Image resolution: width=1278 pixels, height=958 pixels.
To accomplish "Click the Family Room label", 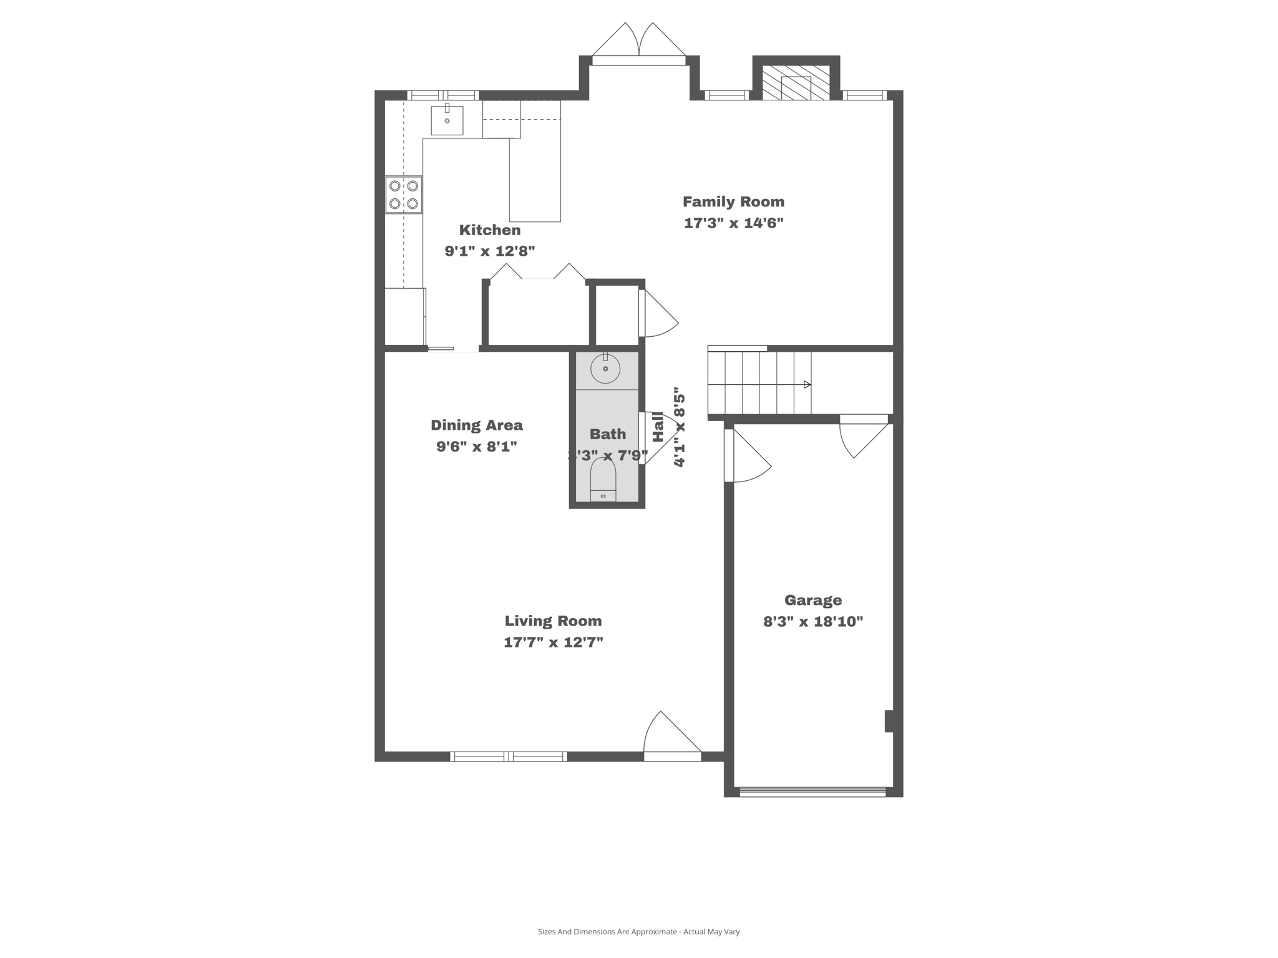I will tap(733, 201).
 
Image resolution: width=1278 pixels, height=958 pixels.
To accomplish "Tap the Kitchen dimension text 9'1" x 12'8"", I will tap(489, 251).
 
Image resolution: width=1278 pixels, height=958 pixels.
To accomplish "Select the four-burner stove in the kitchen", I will tap(404, 195).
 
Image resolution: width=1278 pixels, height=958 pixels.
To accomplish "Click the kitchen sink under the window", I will tap(447, 120).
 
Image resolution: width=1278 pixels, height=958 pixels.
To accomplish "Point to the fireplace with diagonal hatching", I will tap(796, 82).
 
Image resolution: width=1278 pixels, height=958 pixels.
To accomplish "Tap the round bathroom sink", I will tap(605, 369).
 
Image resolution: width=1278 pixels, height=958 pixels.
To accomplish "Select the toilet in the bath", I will tap(603, 480).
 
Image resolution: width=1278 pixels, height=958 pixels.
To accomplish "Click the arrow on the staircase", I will tap(807, 385).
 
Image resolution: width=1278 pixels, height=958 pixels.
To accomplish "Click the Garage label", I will tap(812, 600).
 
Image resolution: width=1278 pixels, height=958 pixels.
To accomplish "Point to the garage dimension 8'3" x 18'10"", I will tap(812, 622).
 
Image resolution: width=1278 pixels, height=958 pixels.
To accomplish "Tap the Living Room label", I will tap(553, 621).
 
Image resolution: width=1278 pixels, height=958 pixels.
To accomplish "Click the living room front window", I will tap(509, 757).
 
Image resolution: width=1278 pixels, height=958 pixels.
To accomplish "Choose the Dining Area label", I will tap(477, 425).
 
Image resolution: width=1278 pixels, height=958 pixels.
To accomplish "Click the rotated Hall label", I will tap(658, 427).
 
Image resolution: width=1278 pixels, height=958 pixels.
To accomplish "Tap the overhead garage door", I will tap(812, 792).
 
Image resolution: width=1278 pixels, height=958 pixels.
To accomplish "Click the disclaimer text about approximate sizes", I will tap(638, 932).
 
